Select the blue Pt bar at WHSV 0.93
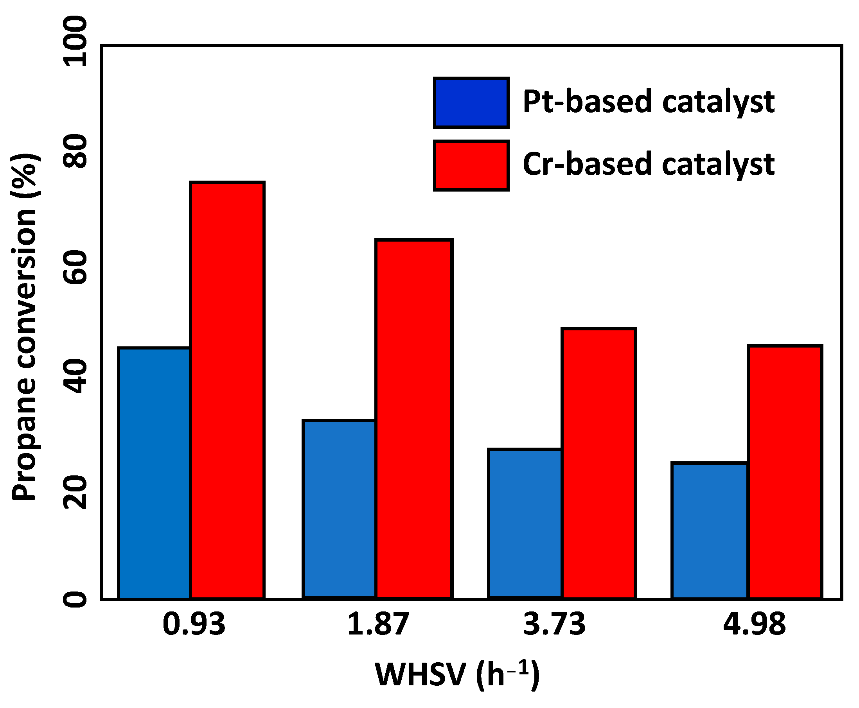[x=154, y=473]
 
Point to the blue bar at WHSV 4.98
[x=709, y=531]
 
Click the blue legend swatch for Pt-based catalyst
[x=471, y=103]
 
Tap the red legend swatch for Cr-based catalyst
[x=471, y=165]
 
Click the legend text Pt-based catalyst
[x=648, y=102]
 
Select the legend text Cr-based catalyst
[x=648, y=164]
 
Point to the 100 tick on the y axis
[x=75, y=41]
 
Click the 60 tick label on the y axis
[x=75, y=267]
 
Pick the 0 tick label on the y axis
[x=75, y=600]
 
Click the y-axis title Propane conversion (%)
[x=25, y=326]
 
